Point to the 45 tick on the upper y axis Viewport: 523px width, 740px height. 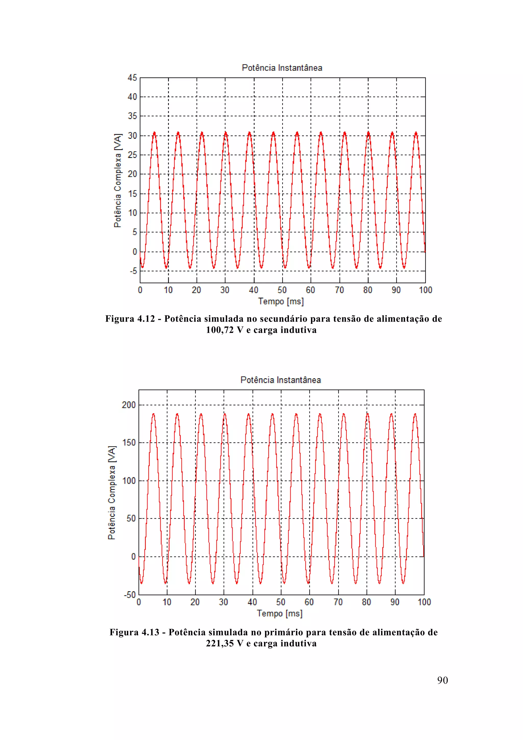tap(132, 78)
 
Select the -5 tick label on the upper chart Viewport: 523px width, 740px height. tap(133, 271)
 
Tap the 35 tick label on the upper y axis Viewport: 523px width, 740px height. tap(132, 116)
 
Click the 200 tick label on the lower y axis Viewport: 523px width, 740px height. tap(129, 405)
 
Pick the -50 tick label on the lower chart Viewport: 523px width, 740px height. tap(130, 595)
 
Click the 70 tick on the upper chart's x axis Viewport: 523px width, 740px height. tap(339, 290)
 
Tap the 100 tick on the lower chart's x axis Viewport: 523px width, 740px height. tap(424, 602)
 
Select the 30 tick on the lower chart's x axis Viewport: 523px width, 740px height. tap(223, 602)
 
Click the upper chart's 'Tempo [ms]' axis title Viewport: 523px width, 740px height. tap(281, 301)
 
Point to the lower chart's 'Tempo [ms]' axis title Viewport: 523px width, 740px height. tap(280, 613)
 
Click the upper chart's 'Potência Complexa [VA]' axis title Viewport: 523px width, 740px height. tap(118, 180)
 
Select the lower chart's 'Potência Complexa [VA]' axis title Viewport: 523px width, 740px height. tap(112, 493)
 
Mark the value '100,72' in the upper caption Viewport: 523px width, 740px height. tap(220, 330)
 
